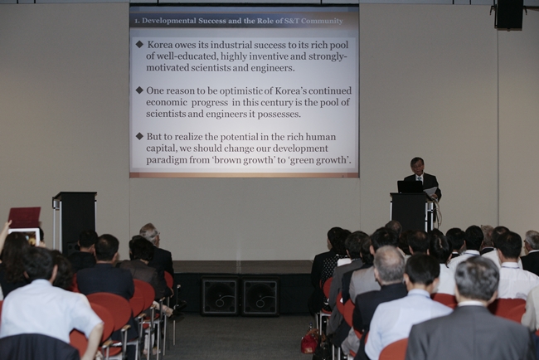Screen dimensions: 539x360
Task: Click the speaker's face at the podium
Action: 417,166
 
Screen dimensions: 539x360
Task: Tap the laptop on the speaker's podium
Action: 410,187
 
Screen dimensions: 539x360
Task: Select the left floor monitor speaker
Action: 220,296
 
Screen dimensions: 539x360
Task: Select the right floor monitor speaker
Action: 260,296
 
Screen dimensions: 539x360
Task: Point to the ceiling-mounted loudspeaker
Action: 509,14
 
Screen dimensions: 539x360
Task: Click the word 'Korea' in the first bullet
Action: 160,45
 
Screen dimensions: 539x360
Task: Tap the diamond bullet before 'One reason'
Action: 139,90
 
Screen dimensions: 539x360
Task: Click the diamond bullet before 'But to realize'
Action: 139,136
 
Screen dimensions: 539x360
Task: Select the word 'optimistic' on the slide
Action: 241,91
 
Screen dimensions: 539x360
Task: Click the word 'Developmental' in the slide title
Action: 170,21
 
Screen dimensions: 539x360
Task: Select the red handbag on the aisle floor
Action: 309,341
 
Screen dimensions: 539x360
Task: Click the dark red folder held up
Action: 24,217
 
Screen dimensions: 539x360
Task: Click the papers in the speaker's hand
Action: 430,192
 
